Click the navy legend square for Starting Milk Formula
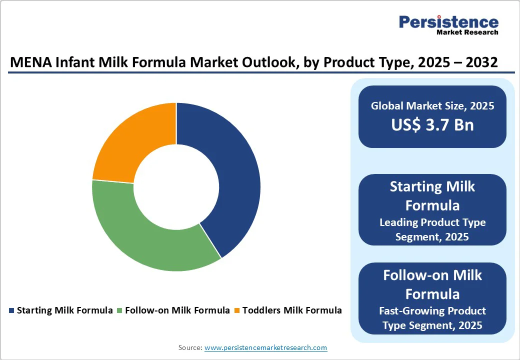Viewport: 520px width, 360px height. (x=11, y=310)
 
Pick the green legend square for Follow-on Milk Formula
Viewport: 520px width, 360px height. (x=119, y=310)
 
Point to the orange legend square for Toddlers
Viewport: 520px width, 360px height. (x=237, y=310)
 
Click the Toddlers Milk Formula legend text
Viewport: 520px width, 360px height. (x=292, y=310)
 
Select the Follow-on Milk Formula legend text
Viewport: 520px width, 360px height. (x=177, y=310)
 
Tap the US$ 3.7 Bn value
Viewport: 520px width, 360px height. (x=432, y=124)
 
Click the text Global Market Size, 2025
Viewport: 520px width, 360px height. (x=432, y=105)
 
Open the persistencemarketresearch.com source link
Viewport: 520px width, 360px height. (x=265, y=347)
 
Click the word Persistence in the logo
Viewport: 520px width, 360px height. (x=448, y=22)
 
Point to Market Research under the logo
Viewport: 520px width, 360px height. (x=467, y=32)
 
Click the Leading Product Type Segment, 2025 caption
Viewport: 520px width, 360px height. (x=432, y=229)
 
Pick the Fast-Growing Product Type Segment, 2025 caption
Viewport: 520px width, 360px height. (x=432, y=318)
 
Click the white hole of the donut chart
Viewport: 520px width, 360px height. (x=176, y=187)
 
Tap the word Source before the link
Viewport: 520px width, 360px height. (x=190, y=347)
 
